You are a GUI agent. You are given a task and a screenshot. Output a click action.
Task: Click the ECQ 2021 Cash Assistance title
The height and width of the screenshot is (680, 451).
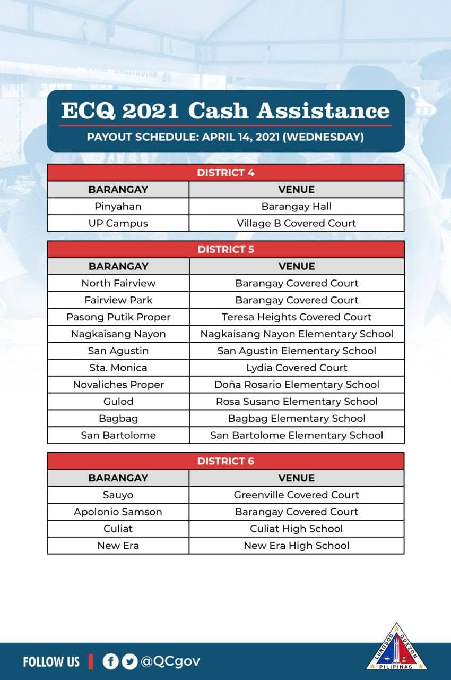pyautogui.click(x=226, y=110)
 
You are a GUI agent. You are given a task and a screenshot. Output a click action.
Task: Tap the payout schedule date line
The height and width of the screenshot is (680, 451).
pyautogui.click(x=226, y=137)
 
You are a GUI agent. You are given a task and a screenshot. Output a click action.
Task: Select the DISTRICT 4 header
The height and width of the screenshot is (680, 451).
pyautogui.click(x=226, y=172)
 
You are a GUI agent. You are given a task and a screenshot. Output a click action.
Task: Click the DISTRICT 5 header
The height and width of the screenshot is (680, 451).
pyautogui.click(x=226, y=249)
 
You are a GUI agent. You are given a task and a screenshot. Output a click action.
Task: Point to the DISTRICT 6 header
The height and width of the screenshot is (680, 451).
pyautogui.click(x=226, y=461)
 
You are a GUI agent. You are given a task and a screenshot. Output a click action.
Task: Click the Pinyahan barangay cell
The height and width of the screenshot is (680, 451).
pyautogui.click(x=118, y=206)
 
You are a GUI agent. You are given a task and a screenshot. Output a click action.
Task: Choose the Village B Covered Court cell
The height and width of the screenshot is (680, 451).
pyautogui.click(x=297, y=223)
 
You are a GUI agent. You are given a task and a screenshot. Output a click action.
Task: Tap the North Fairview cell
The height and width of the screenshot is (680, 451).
pyautogui.click(x=118, y=283)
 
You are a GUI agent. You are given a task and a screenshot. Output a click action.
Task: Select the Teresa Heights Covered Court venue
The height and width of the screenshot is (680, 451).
pyautogui.click(x=297, y=317)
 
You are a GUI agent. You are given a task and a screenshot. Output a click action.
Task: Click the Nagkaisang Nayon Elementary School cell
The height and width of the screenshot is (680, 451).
pyautogui.click(x=297, y=334)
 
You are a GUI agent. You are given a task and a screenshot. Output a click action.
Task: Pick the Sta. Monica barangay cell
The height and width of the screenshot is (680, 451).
pyautogui.click(x=118, y=368)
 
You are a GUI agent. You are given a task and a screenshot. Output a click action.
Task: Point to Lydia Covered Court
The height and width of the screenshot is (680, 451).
pyautogui.click(x=297, y=368)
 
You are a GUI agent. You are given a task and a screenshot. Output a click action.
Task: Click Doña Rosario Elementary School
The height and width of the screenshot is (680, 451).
pyautogui.click(x=297, y=385)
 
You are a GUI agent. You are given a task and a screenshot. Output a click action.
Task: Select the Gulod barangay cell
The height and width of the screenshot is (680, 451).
pyautogui.click(x=118, y=402)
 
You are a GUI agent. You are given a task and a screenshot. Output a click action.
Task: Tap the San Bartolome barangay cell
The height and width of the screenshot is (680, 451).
pyautogui.click(x=118, y=435)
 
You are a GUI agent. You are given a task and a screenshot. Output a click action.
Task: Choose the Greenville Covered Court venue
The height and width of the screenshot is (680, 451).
pyautogui.click(x=297, y=495)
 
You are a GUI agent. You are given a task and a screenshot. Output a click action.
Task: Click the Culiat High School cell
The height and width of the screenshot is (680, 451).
pyautogui.click(x=297, y=529)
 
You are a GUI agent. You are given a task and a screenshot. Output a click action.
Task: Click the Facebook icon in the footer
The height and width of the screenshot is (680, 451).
pyautogui.click(x=110, y=661)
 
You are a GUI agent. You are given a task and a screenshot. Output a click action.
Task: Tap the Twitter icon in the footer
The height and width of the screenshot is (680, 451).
pyautogui.click(x=129, y=661)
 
